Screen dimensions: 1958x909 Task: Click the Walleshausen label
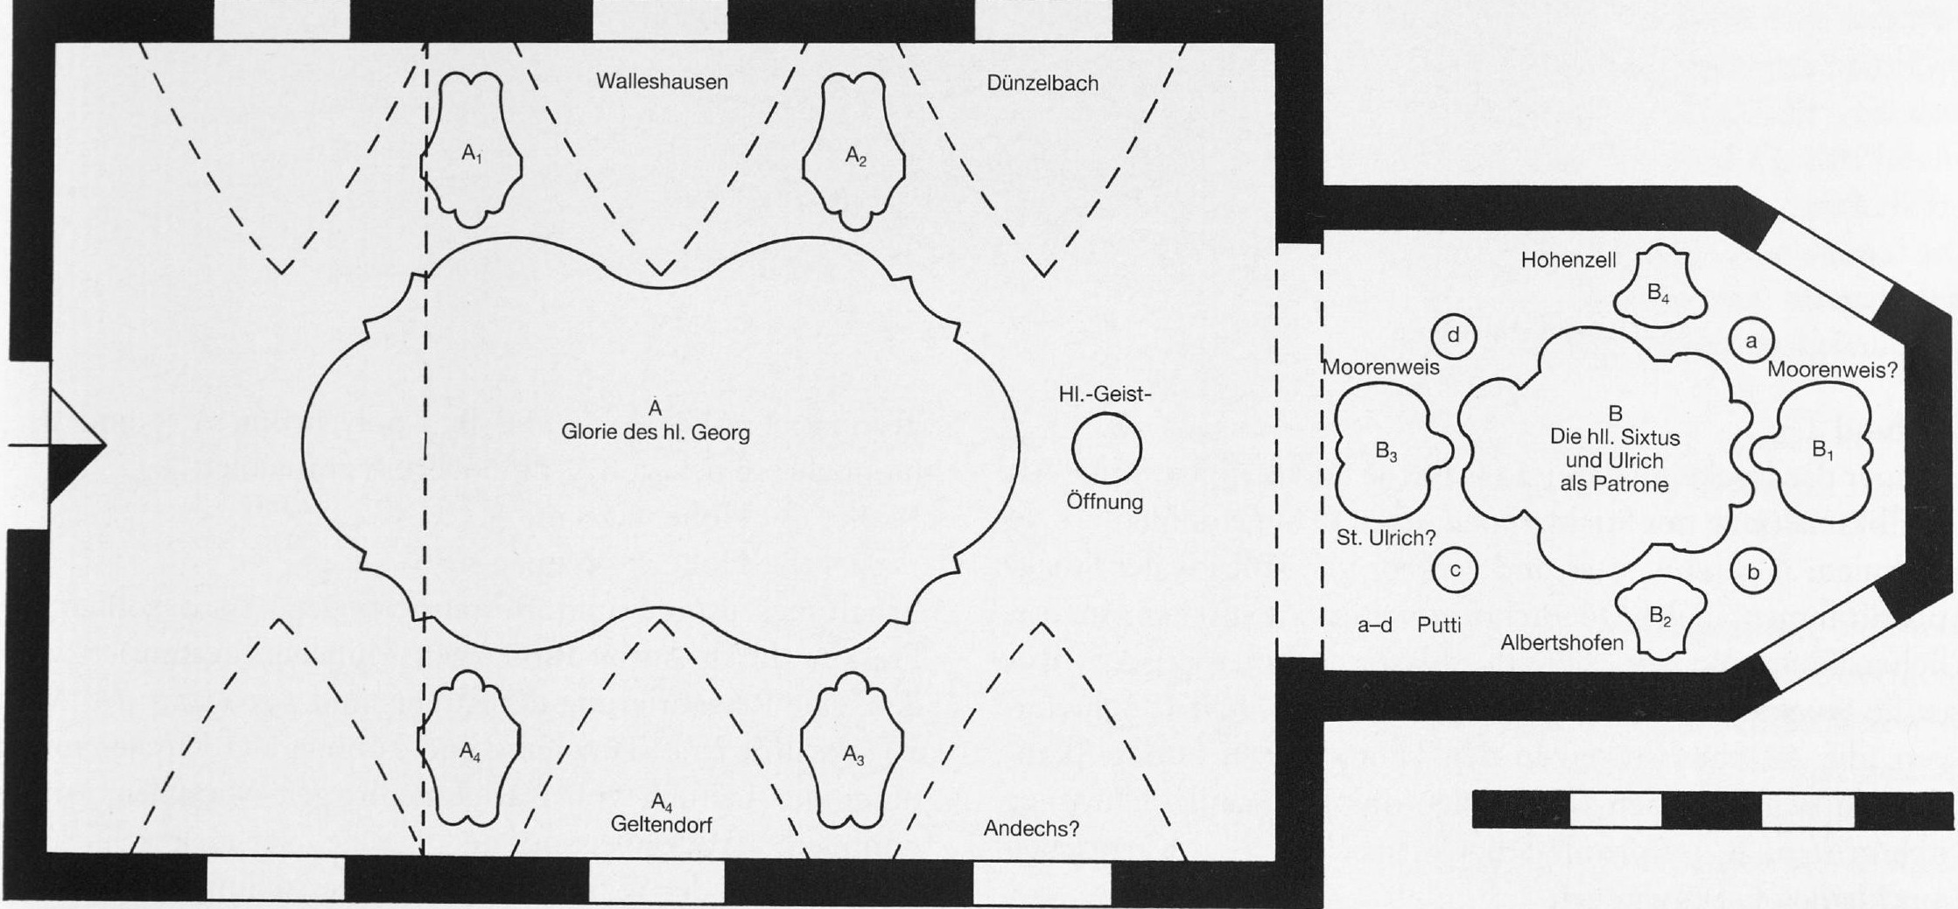[x=662, y=81]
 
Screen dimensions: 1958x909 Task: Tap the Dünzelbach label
[x=1042, y=84]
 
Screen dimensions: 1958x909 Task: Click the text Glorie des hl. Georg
[x=656, y=432]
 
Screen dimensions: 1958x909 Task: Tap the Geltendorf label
[x=662, y=823]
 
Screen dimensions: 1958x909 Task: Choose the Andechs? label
[x=1031, y=829]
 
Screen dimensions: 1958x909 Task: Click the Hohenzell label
[x=1569, y=260]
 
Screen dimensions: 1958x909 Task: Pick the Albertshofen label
[x=1561, y=642]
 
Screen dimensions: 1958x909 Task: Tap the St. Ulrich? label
[x=1386, y=538]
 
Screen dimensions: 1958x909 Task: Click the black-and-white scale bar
[x=1713, y=809]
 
